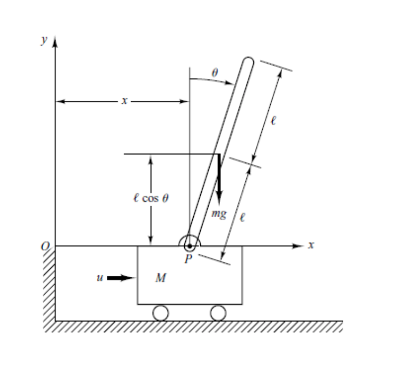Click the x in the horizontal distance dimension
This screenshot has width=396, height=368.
(x=122, y=102)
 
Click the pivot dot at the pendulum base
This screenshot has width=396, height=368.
(x=189, y=246)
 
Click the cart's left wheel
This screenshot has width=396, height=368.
(x=161, y=313)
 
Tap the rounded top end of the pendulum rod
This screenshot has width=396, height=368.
(x=248, y=62)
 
